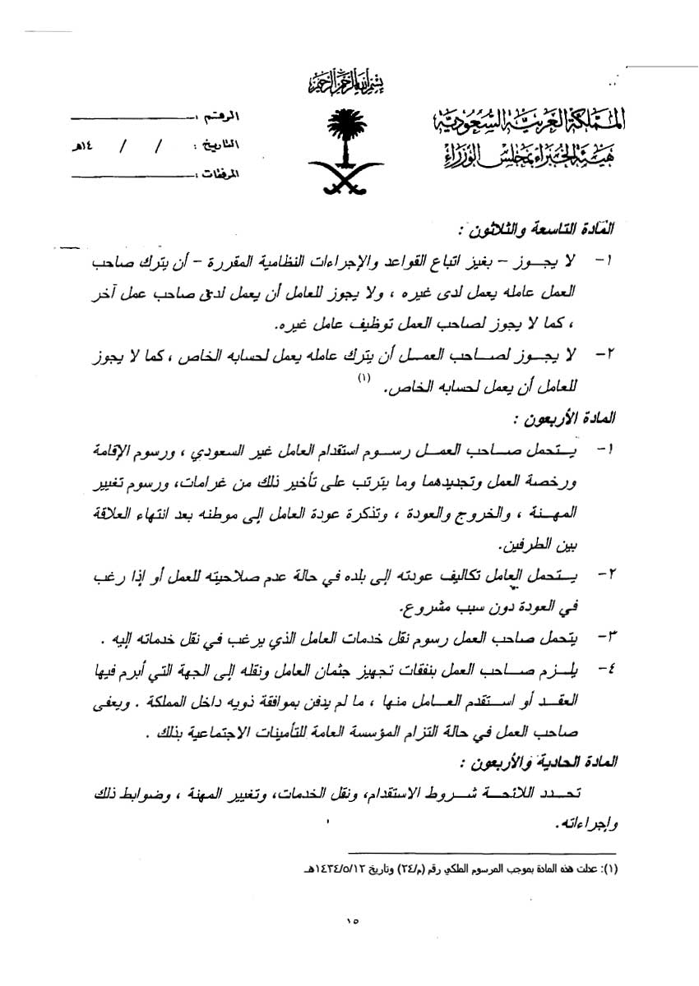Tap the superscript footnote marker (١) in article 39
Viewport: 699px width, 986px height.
(x=365, y=379)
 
